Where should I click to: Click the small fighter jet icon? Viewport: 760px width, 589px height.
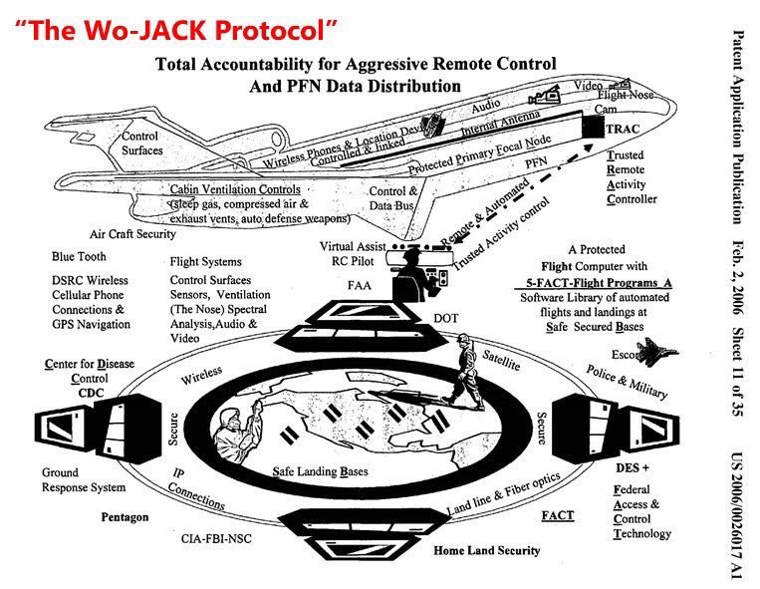[x=660, y=353]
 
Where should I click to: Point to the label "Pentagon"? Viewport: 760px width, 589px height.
[x=125, y=517]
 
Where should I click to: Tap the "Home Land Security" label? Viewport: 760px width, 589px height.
[x=487, y=550]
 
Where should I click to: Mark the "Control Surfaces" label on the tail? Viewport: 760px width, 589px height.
[x=144, y=146]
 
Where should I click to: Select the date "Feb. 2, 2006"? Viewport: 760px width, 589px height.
[x=737, y=273]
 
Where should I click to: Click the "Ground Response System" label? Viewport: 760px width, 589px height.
[x=84, y=480]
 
